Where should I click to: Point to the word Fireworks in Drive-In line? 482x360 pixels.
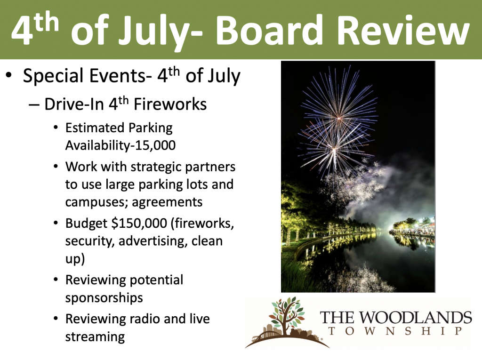tap(170, 104)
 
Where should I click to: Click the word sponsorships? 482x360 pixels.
tap(104, 298)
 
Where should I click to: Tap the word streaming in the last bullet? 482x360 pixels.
tap(95, 337)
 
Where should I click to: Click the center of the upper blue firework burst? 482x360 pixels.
tap(339, 118)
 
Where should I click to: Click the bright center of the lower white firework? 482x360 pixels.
tap(334, 150)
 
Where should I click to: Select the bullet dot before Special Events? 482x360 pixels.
tap(9, 75)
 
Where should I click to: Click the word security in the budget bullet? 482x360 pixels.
tap(90, 241)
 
